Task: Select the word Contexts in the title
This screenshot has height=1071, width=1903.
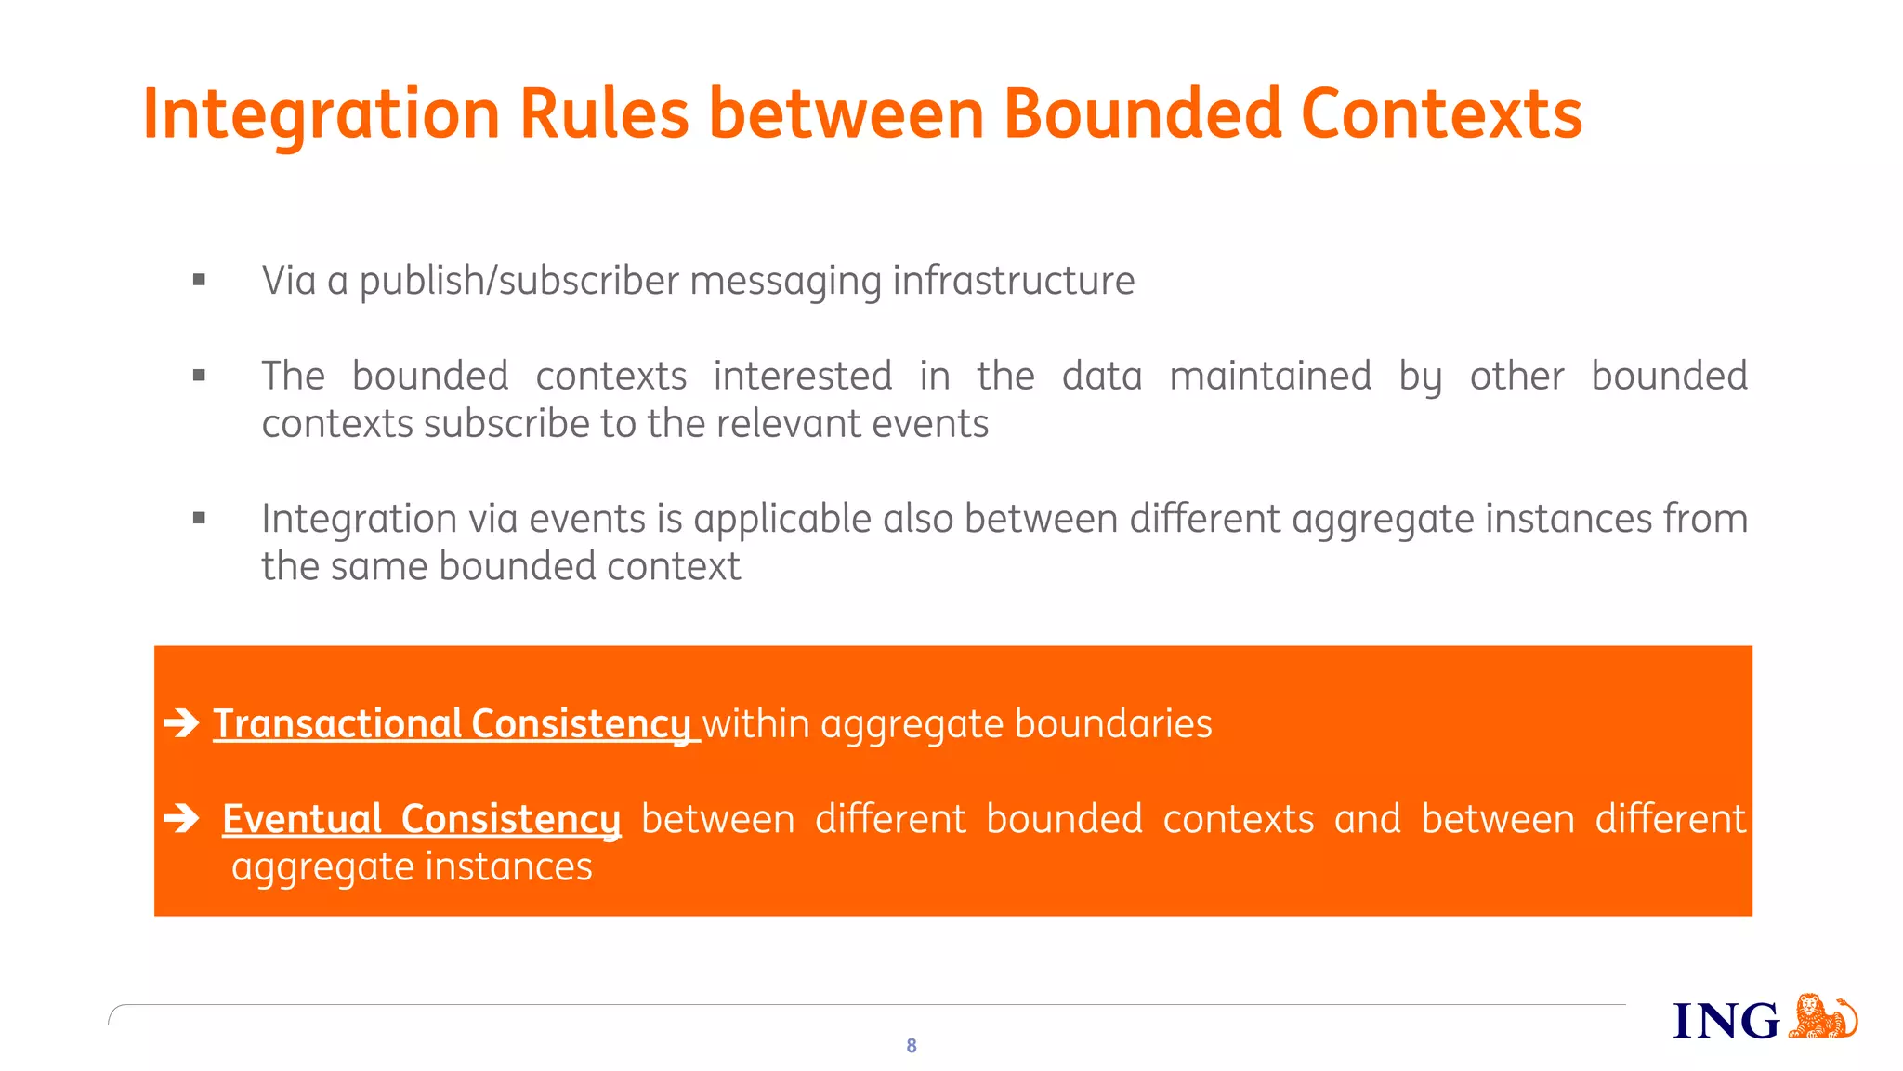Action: click(x=1441, y=113)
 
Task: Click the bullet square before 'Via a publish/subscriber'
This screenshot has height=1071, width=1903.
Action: click(x=199, y=280)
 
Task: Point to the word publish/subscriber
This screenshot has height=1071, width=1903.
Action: click(x=518, y=281)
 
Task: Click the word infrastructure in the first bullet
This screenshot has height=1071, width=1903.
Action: click(x=1013, y=281)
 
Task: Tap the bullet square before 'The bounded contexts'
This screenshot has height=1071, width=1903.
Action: click(x=199, y=376)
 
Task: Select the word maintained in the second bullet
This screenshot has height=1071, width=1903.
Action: click(x=1269, y=377)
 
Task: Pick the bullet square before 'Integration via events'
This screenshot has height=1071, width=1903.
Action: click(x=199, y=519)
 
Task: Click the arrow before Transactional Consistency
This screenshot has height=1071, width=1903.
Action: click(x=182, y=722)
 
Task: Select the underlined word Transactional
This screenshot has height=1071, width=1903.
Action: click(x=337, y=724)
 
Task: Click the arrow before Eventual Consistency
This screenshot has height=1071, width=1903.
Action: click(x=182, y=818)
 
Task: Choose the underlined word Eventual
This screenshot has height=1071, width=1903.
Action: click(x=302, y=819)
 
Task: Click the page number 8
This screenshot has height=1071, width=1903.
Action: click(x=912, y=1046)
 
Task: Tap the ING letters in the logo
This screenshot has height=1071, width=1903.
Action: click(x=1726, y=1021)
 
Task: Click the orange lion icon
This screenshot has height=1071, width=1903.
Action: click(x=1821, y=1016)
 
